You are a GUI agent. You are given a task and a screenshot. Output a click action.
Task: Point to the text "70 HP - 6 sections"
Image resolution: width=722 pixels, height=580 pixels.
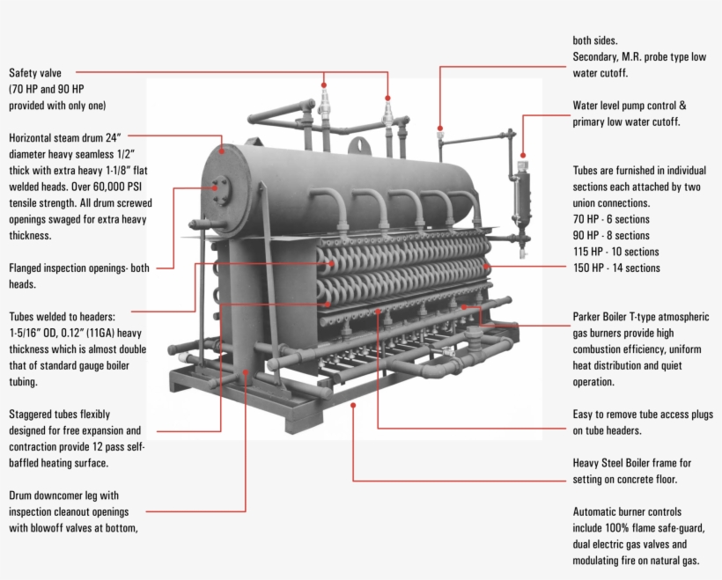pyautogui.click(x=611, y=219)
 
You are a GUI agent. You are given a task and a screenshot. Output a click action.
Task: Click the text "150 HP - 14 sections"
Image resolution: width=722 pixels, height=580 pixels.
pyautogui.click(x=615, y=268)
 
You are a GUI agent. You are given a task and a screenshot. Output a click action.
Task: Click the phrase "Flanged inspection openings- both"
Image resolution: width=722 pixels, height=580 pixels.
pyautogui.click(x=79, y=268)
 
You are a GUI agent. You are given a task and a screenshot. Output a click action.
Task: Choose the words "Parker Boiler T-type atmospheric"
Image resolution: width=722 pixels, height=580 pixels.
pyautogui.click(x=640, y=317)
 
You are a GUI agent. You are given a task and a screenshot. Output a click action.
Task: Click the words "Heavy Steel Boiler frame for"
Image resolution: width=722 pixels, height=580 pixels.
pyautogui.click(x=632, y=463)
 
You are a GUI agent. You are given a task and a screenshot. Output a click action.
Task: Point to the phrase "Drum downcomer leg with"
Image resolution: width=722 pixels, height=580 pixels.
pyautogui.click(x=63, y=496)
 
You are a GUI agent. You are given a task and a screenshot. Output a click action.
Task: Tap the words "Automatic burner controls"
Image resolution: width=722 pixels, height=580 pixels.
pyautogui.click(x=627, y=512)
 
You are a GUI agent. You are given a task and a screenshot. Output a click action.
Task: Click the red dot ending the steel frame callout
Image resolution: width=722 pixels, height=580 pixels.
pyautogui.click(x=352, y=405)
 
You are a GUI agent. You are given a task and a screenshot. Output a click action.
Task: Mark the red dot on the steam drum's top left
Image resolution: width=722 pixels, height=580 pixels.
pyautogui.click(x=223, y=151)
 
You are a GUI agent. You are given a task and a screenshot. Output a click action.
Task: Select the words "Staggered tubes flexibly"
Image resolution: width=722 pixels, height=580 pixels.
pyautogui.click(x=60, y=415)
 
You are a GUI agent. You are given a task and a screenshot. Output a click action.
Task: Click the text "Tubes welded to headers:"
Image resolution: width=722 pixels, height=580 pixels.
pyautogui.click(x=68, y=316)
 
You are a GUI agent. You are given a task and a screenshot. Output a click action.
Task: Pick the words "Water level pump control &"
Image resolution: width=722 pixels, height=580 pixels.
pyautogui.click(x=629, y=106)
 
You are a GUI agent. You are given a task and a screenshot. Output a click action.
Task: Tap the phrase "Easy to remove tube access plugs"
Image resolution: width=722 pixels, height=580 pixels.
pyautogui.click(x=644, y=415)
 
